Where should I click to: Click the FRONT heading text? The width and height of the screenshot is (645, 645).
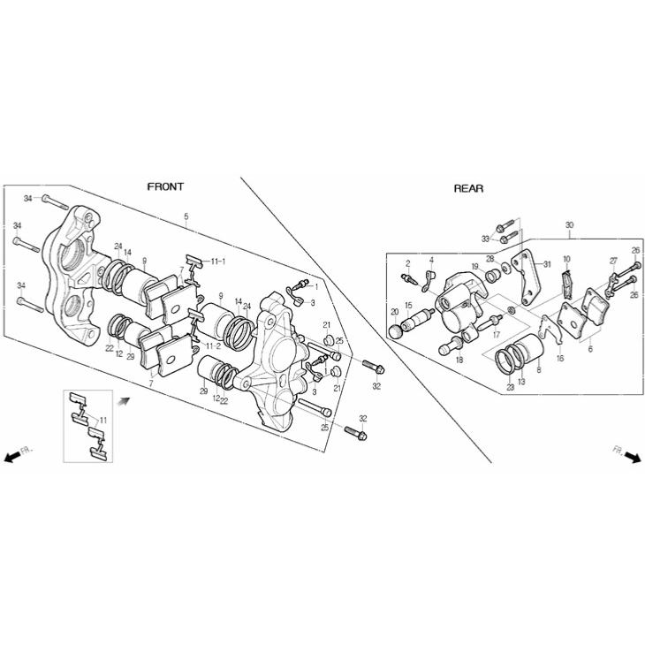coord(165,186)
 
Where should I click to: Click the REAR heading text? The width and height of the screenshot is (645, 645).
coord(468,188)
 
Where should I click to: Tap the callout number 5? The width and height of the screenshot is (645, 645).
coord(186,216)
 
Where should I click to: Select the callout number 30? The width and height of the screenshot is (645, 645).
coord(569,225)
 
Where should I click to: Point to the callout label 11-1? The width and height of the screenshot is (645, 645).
coord(218,262)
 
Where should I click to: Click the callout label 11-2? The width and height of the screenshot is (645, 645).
coord(214,345)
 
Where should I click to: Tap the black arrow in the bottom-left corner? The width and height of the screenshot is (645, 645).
coord(12,456)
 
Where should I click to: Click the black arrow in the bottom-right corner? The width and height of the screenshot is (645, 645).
coord(633,457)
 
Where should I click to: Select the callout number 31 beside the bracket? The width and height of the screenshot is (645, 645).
coord(547,264)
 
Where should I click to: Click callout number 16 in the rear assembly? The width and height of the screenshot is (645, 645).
coord(560,358)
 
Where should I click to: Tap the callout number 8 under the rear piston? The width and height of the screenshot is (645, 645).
coord(539,370)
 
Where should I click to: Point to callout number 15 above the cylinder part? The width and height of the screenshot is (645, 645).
coord(408,305)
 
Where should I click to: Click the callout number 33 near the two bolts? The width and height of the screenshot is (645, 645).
coord(486,239)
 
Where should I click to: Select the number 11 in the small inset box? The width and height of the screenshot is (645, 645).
coord(102,420)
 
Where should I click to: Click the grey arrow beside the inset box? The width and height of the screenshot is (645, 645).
coord(125,401)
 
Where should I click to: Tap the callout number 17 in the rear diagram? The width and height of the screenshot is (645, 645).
coord(496,335)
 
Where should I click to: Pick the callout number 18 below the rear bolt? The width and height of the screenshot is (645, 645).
coord(459,360)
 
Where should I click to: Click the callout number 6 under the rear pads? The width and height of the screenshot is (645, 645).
coord(590,349)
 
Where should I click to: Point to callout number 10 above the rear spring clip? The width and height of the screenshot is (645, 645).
coord(566,259)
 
